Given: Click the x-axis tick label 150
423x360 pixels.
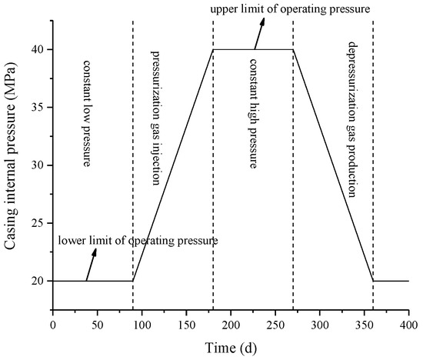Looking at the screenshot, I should click(x=185, y=325).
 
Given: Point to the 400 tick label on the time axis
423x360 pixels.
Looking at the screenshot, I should click(x=408, y=325).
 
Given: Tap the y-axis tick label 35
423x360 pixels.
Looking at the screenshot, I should click(x=36, y=107).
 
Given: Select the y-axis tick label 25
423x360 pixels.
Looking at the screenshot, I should click(x=36, y=223).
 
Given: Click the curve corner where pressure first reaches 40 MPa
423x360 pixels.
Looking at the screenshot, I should click(x=213, y=49).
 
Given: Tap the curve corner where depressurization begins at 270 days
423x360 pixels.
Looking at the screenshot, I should click(x=293, y=49).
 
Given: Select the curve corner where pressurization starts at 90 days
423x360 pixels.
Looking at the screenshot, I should click(x=133, y=281).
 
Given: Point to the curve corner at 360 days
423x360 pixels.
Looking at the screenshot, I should click(x=373, y=281).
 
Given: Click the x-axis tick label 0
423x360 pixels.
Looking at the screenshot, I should click(x=52, y=325).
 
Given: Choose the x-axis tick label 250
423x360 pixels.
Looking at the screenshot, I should click(x=275, y=325).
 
